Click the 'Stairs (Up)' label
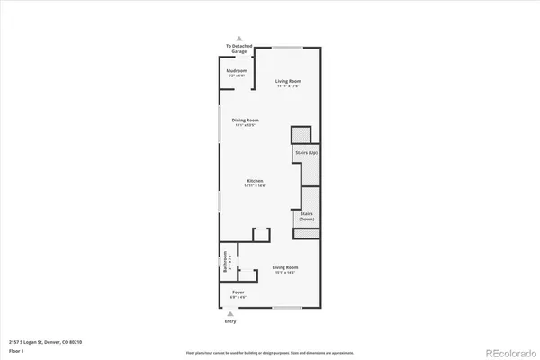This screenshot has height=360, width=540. (306, 153)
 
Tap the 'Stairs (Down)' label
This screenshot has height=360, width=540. (306, 217)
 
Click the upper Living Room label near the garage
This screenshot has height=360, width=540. (288, 83)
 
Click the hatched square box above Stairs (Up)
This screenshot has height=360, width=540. (301, 134)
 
